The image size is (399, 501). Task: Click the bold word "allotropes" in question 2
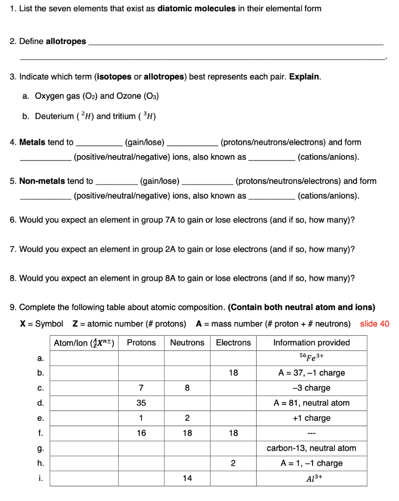(66, 41)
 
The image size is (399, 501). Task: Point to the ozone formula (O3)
(151, 96)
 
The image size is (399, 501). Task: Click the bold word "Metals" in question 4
(33, 142)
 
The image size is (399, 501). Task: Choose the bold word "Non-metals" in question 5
(42, 181)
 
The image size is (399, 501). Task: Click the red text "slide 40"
(375, 324)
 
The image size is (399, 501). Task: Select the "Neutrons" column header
(187, 342)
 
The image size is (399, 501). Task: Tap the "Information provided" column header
(311, 342)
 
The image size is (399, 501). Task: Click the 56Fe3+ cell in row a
(311, 358)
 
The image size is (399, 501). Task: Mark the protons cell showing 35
(141, 403)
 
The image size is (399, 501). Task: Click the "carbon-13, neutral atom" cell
(311, 448)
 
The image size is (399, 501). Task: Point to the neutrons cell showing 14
(187, 478)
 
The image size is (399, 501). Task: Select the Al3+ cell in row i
(311, 478)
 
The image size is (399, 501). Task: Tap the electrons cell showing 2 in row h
(233, 463)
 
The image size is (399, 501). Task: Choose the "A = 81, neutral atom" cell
(311, 403)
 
